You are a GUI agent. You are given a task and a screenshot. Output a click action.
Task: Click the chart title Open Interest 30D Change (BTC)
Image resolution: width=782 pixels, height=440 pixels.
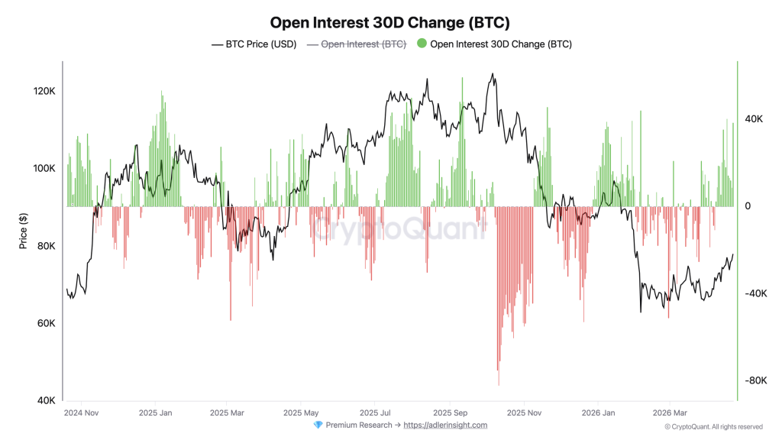coord(390,23)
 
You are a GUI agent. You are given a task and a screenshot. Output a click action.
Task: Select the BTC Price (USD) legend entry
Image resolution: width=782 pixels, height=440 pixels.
coord(254,44)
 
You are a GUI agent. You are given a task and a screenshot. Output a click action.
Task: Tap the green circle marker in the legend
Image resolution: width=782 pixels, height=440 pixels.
coord(422,44)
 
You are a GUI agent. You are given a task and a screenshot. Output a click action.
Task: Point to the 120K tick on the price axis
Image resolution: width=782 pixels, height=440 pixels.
coord(43,91)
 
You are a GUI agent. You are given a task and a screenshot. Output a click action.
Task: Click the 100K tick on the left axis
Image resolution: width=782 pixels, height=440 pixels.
coord(43,168)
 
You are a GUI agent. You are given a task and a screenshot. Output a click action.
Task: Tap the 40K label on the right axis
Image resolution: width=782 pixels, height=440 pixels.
coord(754,119)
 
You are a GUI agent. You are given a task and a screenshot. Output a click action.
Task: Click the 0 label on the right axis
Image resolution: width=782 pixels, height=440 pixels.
coord(748,206)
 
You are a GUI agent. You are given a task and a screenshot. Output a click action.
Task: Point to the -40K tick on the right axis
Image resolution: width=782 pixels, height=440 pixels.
coord(756,293)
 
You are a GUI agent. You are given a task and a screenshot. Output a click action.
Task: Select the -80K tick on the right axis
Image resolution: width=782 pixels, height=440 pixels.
coord(756,380)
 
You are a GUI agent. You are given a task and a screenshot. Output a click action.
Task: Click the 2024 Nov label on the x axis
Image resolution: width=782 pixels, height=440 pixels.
coord(81,412)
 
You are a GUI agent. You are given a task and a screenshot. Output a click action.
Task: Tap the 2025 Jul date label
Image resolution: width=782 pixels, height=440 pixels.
coord(375,412)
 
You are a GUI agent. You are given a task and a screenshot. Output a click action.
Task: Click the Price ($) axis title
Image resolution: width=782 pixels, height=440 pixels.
coord(24,231)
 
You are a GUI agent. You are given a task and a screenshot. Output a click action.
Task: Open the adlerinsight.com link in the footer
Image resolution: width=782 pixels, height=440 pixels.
coord(444,425)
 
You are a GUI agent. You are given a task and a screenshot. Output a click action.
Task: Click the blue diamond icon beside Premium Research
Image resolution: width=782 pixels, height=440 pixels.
coord(318,425)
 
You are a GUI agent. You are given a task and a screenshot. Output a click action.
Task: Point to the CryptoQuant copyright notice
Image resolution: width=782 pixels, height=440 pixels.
coord(713,427)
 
